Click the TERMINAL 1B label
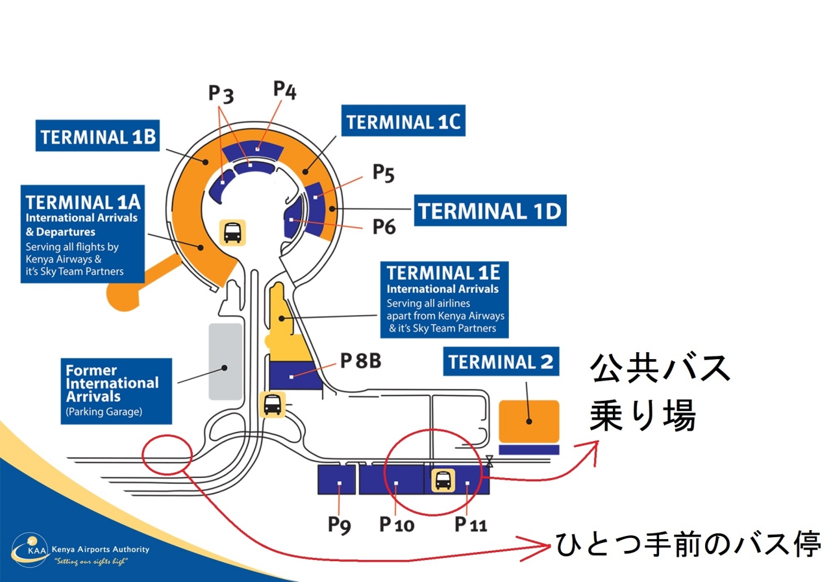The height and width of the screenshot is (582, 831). (x=98, y=137)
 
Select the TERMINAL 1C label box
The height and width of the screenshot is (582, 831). (x=403, y=121)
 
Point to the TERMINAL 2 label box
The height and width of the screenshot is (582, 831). (x=501, y=361)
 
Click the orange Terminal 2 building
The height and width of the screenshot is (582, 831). (x=529, y=421)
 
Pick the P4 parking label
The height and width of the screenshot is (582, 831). (x=285, y=90)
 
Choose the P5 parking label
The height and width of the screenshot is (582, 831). (x=383, y=173)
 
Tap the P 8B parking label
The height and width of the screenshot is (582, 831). (x=360, y=361)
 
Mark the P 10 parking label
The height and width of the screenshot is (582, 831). (x=397, y=524)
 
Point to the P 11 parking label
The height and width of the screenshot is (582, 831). (x=471, y=524)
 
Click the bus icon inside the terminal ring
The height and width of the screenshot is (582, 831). (x=233, y=232)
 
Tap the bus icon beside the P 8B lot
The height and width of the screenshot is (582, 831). (x=272, y=404)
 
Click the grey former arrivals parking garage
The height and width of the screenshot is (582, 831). (x=225, y=361)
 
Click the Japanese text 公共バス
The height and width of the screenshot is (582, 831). (x=660, y=369)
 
